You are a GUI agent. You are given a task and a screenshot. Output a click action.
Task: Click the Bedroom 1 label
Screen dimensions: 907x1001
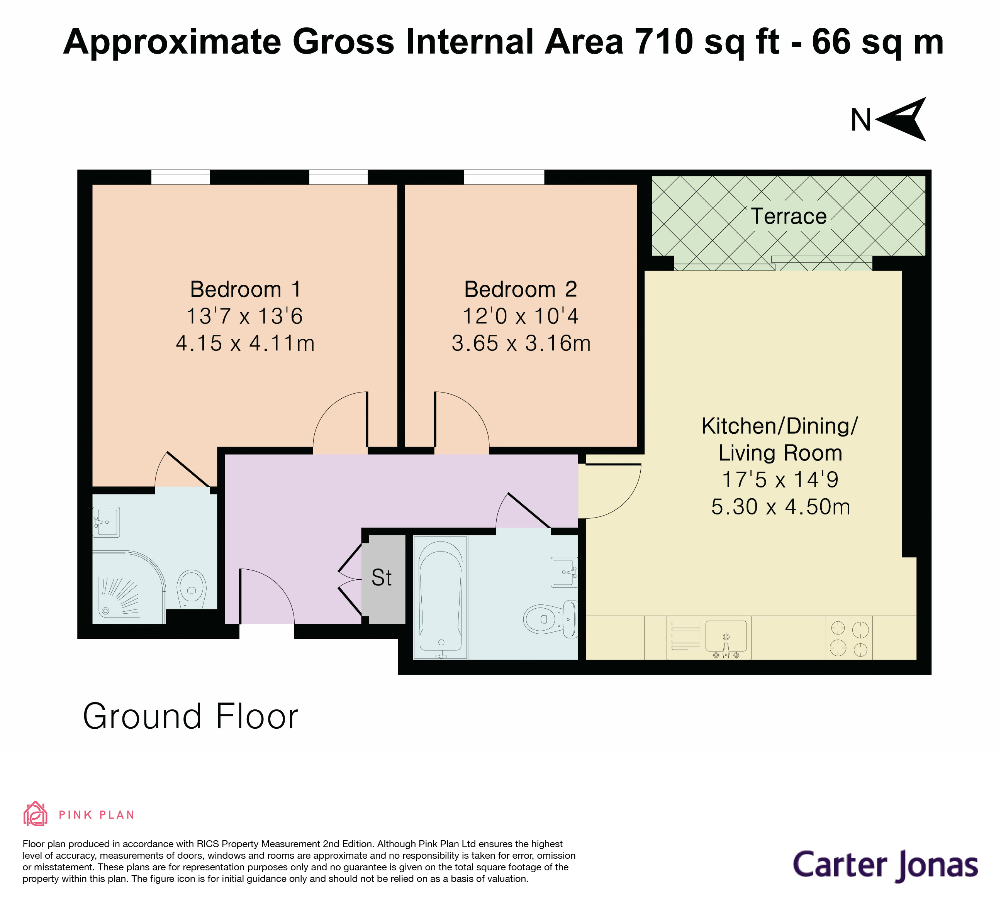click(245, 289)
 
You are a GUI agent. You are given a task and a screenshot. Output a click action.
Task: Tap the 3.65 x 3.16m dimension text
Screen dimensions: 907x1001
click(521, 344)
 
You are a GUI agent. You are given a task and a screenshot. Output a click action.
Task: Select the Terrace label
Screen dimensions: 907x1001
click(789, 217)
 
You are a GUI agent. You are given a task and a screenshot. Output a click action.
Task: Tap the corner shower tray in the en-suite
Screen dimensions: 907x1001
click(127, 591)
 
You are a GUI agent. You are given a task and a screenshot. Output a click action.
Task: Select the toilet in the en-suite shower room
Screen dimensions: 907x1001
click(192, 589)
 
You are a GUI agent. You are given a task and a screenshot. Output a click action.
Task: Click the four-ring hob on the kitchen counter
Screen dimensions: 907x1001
click(849, 639)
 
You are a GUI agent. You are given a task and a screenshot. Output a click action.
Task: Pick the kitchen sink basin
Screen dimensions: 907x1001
click(726, 636)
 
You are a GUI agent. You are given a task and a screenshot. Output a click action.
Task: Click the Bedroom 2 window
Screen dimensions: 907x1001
click(504, 177)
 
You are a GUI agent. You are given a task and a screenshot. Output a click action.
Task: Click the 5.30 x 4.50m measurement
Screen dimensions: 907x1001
click(780, 507)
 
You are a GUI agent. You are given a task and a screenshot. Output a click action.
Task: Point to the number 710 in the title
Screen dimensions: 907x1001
click(664, 42)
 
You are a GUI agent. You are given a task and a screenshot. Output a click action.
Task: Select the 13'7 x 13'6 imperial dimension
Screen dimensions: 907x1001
click(244, 316)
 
